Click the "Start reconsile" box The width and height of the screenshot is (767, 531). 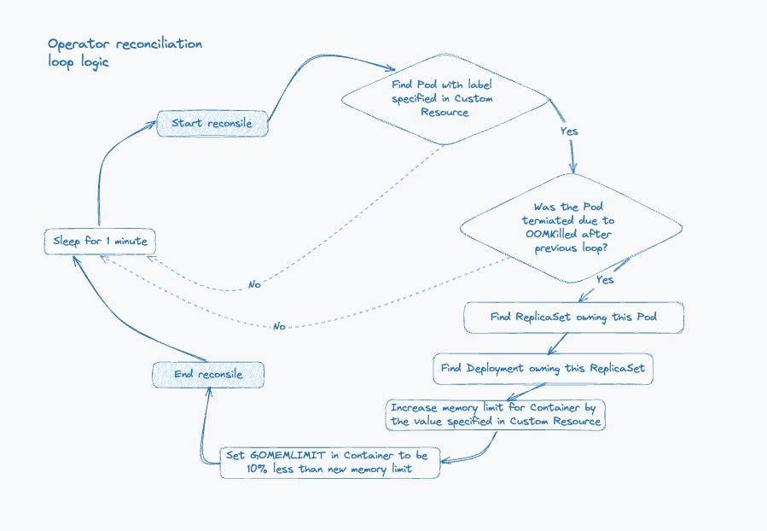click(x=212, y=123)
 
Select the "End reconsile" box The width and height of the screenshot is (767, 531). click(x=208, y=375)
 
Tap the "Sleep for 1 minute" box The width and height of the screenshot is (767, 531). click(x=100, y=242)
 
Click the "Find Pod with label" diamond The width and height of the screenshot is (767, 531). click(x=445, y=99)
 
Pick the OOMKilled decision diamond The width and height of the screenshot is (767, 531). click(x=571, y=228)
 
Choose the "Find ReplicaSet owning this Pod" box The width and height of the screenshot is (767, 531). click(x=573, y=318)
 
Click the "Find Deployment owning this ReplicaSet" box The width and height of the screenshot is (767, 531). click(x=543, y=369)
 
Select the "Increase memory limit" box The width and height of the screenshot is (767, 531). click(x=495, y=415)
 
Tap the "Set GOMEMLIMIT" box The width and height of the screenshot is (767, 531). click(x=330, y=463)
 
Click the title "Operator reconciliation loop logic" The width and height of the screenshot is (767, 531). click(x=125, y=52)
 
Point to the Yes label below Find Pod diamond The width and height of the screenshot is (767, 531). click(x=569, y=131)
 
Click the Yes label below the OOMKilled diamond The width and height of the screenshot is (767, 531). click(x=605, y=279)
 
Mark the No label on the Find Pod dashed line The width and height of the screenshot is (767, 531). click(x=254, y=284)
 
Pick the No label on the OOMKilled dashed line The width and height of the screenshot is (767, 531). click(x=279, y=326)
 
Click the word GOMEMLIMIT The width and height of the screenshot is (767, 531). click(x=288, y=455)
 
